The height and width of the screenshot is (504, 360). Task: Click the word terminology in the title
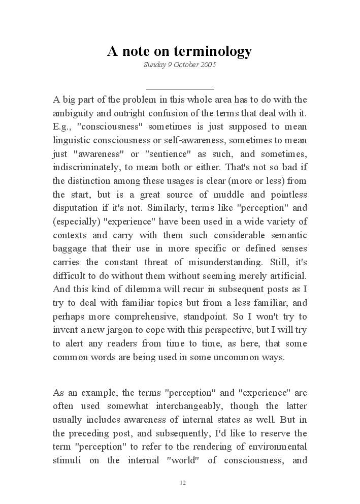click(213, 51)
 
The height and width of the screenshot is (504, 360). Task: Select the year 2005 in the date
click(208, 65)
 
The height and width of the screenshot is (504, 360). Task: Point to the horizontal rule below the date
click(180, 89)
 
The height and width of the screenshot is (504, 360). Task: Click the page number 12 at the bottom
click(183, 483)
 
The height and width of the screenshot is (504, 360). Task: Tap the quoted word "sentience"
click(169, 153)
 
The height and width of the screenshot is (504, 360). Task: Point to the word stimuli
click(67, 460)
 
